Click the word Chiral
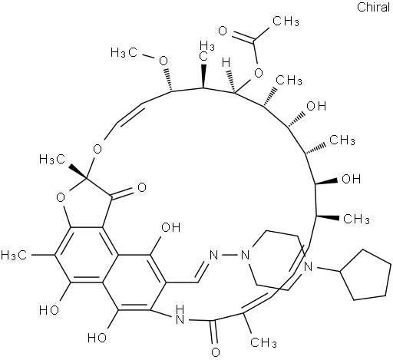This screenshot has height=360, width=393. [x=373, y=7]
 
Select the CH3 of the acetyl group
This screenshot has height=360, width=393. [x=286, y=21]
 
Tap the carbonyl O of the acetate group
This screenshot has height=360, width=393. [x=223, y=31]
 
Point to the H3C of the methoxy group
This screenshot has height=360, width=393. [x=124, y=53]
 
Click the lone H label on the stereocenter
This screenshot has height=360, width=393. [x=226, y=62]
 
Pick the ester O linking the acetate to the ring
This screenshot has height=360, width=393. [x=259, y=74]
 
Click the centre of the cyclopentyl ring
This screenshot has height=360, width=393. [x=366, y=275]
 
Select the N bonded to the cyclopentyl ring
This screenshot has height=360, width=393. [x=309, y=267]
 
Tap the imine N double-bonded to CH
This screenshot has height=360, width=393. [x=213, y=255]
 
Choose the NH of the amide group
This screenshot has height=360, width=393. [x=180, y=315]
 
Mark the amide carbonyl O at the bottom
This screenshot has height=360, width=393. [x=216, y=352]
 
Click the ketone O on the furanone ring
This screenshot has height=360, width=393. [x=142, y=187]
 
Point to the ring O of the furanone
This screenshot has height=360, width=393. [x=61, y=197]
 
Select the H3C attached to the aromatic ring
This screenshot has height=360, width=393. [x=14, y=255]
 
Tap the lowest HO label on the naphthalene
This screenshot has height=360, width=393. [x=97, y=338]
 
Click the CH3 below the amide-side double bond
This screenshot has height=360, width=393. [x=263, y=342]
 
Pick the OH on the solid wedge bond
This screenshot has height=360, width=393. [x=352, y=179]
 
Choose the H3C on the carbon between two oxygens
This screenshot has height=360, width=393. [x=53, y=160]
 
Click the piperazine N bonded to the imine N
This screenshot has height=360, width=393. [x=245, y=255]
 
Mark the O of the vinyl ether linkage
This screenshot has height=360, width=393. [x=97, y=149]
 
